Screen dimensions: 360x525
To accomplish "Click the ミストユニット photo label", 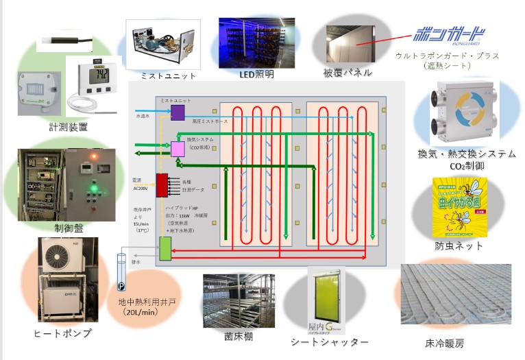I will tap(167, 75).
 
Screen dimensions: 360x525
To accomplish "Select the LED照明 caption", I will tap(256, 74).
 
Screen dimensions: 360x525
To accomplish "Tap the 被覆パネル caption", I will tap(347, 72).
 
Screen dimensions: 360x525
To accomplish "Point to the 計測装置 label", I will tap(68, 127).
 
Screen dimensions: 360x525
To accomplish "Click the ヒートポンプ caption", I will tap(62, 333).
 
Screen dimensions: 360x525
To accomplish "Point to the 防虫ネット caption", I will tap(459, 245).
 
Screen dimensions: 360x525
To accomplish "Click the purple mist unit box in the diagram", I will tap(178, 112).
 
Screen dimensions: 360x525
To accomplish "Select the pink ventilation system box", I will tap(178, 148).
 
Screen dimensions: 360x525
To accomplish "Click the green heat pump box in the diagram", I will tap(166, 248).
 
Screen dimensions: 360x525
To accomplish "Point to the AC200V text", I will tap(142, 184).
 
